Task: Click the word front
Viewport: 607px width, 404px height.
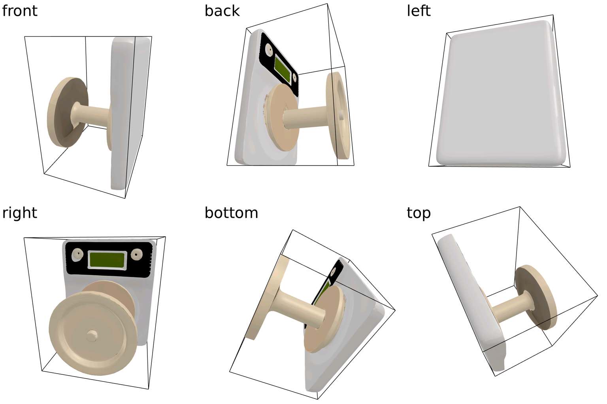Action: [19, 11]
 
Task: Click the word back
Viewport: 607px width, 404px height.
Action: [222, 11]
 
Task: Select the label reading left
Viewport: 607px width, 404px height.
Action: [418, 11]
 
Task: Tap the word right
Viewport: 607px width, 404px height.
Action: [19, 213]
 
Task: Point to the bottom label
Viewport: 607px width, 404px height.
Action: [231, 213]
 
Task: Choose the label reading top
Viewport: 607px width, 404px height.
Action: [418, 213]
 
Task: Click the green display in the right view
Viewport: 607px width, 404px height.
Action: [107, 260]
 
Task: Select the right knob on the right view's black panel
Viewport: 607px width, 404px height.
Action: [136, 254]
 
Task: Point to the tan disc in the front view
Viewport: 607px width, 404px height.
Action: [68, 112]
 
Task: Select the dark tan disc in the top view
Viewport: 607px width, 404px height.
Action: [535, 297]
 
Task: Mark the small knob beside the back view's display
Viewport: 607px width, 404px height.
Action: [294, 78]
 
